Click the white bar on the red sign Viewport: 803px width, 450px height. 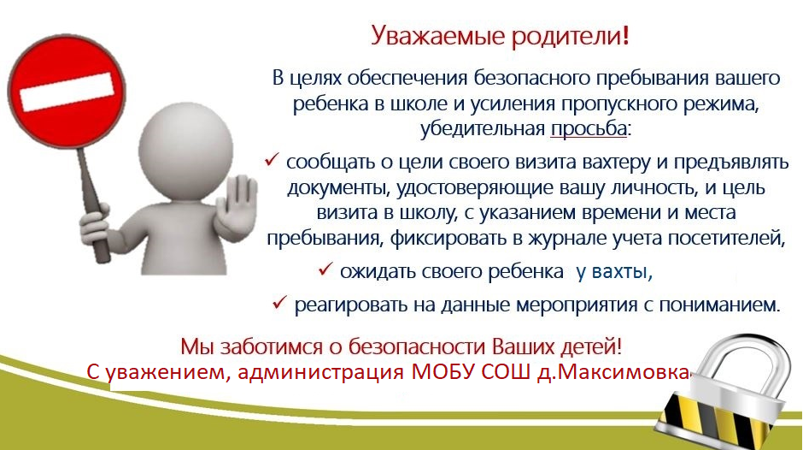pos(67,92)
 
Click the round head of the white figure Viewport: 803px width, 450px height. pos(186,150)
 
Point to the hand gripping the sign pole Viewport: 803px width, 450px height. pos(94,225)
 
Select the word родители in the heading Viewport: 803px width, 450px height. pos(566,37)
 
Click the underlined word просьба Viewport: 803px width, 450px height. pos(589,128)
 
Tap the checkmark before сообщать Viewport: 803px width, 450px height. pos(271,160)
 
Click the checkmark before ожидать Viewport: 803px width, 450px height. pos(325,269)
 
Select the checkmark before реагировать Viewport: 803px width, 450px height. pos(279,302)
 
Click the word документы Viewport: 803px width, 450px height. pos(339,188)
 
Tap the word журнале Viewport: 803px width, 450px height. pos(568,239)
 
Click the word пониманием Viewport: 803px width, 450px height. pos(719,305)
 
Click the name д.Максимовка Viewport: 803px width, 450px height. pos(614,371)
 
